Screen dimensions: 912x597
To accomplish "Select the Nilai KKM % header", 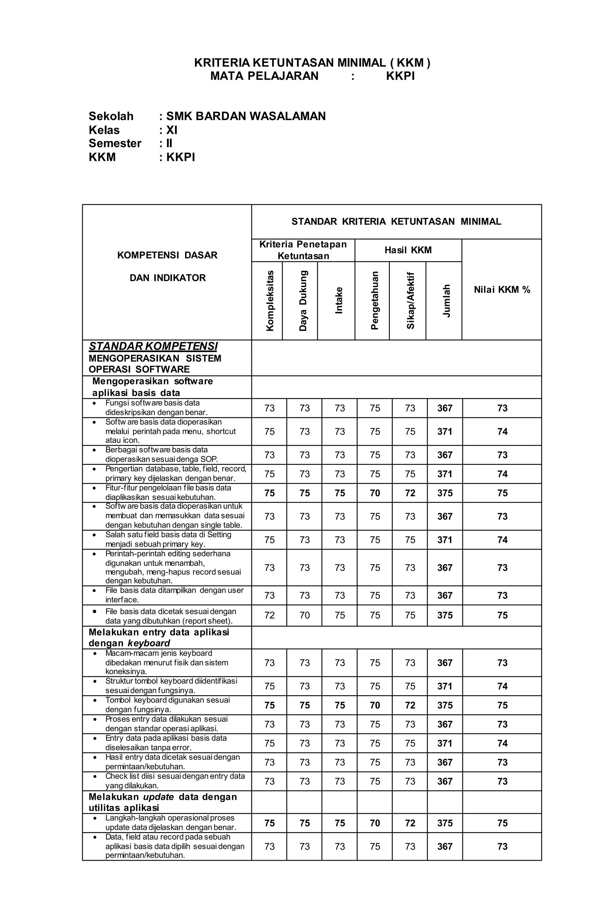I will click(x=501, y=289).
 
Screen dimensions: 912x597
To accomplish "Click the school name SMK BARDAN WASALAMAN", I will click(x=245, y=116).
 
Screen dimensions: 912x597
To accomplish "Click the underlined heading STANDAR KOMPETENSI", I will click(x=153, y=346).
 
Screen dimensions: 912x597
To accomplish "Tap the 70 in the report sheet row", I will click(x=304, y=615).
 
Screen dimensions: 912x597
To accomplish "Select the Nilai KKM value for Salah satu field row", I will click(x=502, y=540).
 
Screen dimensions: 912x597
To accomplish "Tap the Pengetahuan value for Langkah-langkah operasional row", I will click(x=375, y=823).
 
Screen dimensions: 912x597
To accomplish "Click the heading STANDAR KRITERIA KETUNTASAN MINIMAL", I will click(x=396, y=221).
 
